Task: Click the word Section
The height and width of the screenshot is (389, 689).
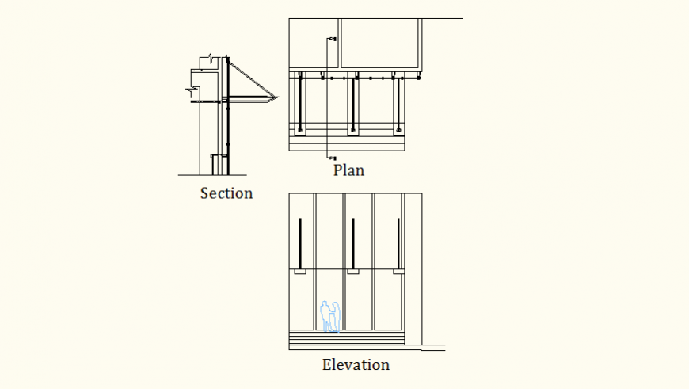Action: [226, 193]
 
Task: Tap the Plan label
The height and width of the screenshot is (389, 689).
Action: [348, 170]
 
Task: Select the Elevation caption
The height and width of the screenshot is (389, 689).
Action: [356, 365]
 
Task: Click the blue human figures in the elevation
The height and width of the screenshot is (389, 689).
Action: [329, 316]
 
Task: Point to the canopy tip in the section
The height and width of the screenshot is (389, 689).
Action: [277, 97]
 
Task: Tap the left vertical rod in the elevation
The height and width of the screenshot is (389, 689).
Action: [300, 243]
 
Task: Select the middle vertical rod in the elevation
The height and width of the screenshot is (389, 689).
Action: [352, 243]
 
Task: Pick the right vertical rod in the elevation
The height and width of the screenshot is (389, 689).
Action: [398, 243]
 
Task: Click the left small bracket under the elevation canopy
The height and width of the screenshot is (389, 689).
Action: [300, 273]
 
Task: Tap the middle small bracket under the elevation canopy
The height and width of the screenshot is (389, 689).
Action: [352, 273]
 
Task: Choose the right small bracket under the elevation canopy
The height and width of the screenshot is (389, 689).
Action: [398, 273]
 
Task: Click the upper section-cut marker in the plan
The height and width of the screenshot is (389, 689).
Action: [332, 38]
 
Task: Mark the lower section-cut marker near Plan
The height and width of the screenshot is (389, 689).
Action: [332, 158]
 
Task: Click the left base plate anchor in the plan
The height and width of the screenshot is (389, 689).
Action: [300, 128]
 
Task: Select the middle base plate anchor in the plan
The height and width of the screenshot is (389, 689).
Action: [352, 128]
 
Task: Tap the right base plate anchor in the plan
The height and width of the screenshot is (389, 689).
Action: [398, 128]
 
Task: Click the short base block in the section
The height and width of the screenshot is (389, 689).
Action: [215, 165]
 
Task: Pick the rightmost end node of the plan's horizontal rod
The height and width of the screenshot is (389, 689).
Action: [417, 78]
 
